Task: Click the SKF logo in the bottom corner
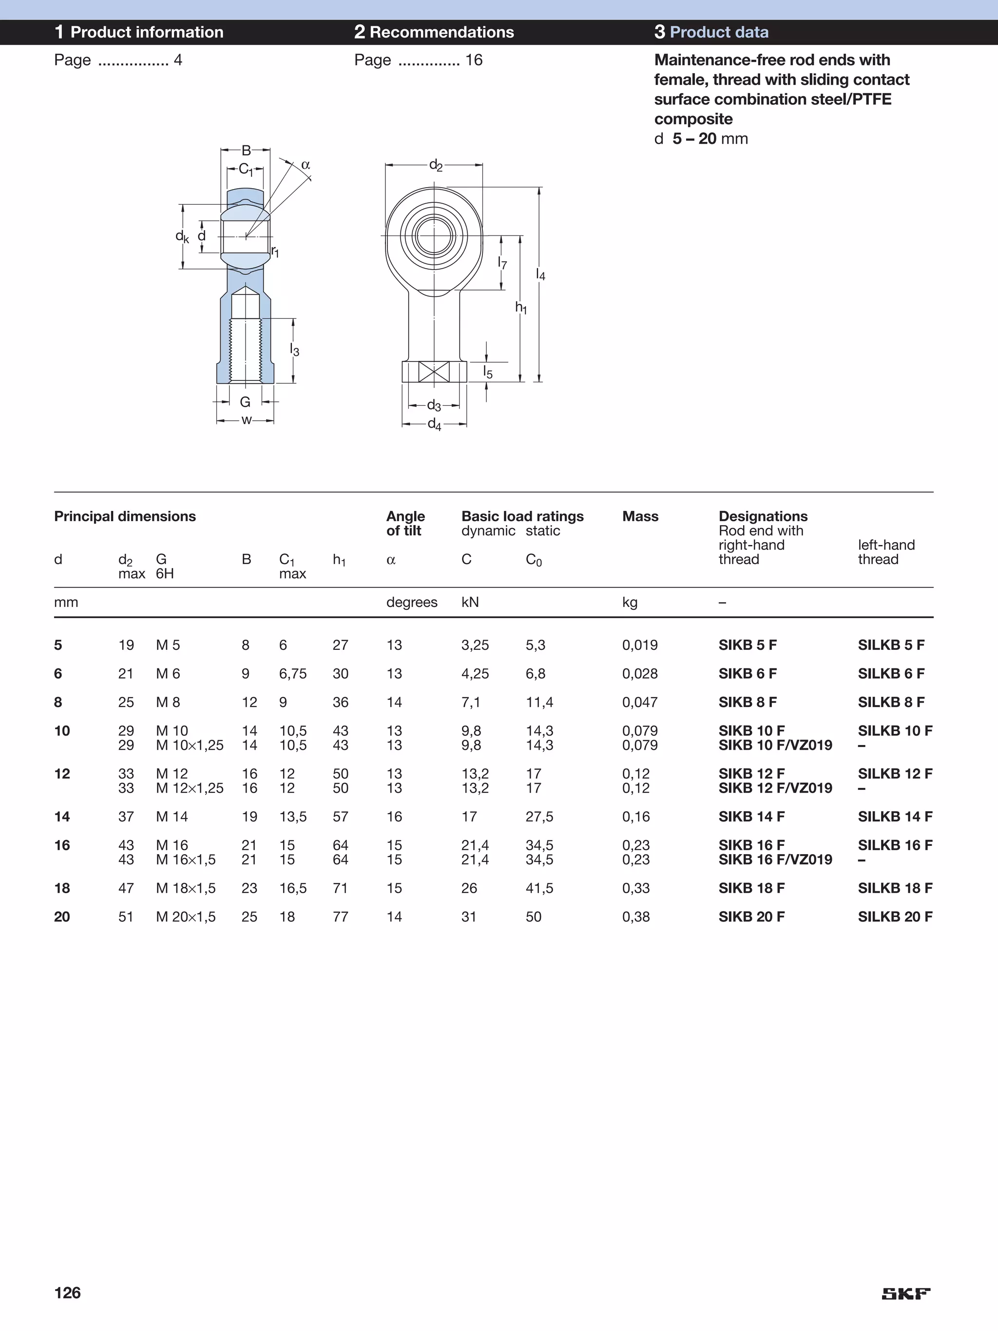pyautogui.click(x=906, y=1293)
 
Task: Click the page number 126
pyautogui.click(x=67, y=1292)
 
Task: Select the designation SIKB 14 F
pyautogui.click(x=751, y=817)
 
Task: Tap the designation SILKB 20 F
pyautogui.click(x=895, y=917)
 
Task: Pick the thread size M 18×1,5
pyautogui.click(x=185, y=888)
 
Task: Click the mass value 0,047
pyautogui.click(x=639, y=702)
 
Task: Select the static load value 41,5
pyautogui.click(x=539, y=888)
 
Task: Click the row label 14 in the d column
pyautogui.click(x=62, y=817)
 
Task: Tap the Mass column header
pyautogui.click(x=640, y=516)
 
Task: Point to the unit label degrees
pyautogui.click(x=411, y=602)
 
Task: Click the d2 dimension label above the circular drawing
pyautogui.click(x=436, y=165)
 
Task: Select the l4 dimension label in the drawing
pyautogui.click(x=540, y=275)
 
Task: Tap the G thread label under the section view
pyautogui.click(x=245, y=402)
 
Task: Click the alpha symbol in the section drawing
pyautogui.click(x=305, y=165)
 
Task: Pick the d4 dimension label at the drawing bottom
pyautogui.click(x=434, y=425)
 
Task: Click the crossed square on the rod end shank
pyautogui.click(x=434, y=372)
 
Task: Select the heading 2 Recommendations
pyautogui.click(x=434, y=32)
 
